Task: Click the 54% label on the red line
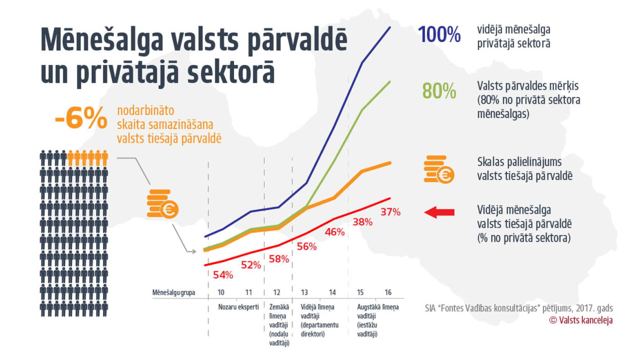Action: [x=223, y=275]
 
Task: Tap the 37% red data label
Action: [x=390, y=212]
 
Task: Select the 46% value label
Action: [x=335, y=232]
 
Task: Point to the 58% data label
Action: [x=279, y=259]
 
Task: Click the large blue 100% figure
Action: [x=439, y=34]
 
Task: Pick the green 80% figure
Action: [x=439, y=91]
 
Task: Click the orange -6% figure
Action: [x=81, y=118]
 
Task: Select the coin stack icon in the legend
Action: [x=439, y=170]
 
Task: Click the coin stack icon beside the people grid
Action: [x=162, y=204]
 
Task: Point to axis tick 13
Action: [x=304, y=292]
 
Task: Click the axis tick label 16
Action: [x=388, y=292]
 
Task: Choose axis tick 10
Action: [x=221, y=292]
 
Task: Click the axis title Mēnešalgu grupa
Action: [x=173, y=293]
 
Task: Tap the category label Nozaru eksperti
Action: [x=238, y=307]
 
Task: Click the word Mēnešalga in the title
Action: [x=102, y=40]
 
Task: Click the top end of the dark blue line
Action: [x=390, y=27]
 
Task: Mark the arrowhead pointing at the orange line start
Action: [x=193, y=252]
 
